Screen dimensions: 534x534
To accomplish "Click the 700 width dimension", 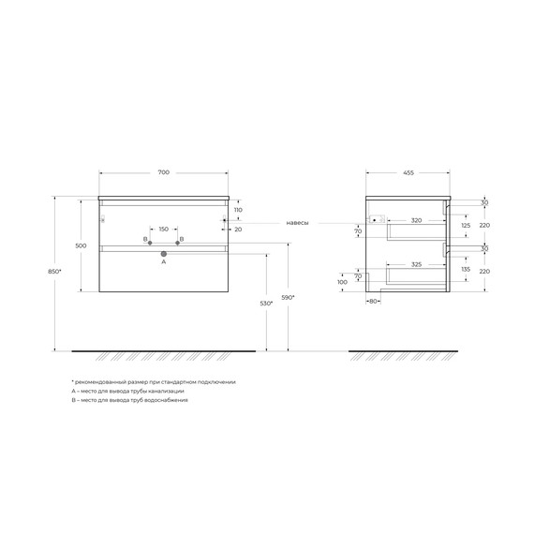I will click(164, 173).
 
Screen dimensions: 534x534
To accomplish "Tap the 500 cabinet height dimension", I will click(82, 245).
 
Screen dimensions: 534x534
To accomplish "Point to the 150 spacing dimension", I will click(163, 230).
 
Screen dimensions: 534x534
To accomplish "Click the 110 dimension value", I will click(238, 212).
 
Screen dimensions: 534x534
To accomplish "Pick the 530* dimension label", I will click(266, 304).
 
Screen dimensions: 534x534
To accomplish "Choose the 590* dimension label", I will click(289, 297).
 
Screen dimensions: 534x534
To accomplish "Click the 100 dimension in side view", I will click(343, 281).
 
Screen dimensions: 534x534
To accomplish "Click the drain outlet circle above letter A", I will click(164, 253).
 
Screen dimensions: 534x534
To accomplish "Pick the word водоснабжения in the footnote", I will click(163, 400).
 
